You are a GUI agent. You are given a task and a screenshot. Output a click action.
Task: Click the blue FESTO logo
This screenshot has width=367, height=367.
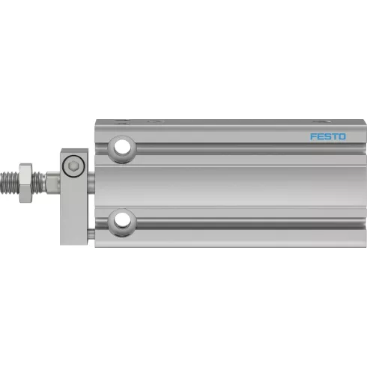(328, 136)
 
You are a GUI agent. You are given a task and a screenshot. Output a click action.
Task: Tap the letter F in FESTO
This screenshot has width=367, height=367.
(313, 136)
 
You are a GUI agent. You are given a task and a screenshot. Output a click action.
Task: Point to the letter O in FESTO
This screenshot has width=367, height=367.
(342, 136)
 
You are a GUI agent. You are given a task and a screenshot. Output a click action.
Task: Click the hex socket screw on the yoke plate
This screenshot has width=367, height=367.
(73, 166)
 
